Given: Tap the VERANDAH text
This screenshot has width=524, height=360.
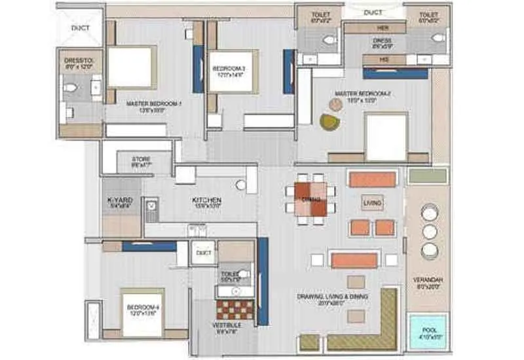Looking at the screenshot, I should [x=429, y=279].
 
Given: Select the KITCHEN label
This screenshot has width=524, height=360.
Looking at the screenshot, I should [x=206, y=200].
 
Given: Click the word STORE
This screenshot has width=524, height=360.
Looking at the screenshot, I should [x=141, y=159].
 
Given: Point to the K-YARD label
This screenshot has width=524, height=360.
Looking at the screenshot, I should [x=121, y=201].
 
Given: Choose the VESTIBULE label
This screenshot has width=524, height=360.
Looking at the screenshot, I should [x=226, y=325].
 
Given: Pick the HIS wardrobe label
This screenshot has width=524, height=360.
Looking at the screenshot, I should [x=384, y=60].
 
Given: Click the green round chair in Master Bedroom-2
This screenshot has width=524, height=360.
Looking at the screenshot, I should [x=329, y=121].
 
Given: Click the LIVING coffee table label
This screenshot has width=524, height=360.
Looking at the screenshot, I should [x=372, y=204].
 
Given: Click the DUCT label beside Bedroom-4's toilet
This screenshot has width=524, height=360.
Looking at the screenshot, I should [x=204, y=252].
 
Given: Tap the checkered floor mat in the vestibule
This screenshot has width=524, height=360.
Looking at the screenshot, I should [x=234, y=309].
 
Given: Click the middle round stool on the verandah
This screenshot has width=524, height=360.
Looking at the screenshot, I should [x=429, y=232].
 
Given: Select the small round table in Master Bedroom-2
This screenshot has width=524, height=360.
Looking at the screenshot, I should [x=335, y=104].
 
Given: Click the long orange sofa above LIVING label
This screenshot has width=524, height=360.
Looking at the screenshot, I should [x=372, y=179].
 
